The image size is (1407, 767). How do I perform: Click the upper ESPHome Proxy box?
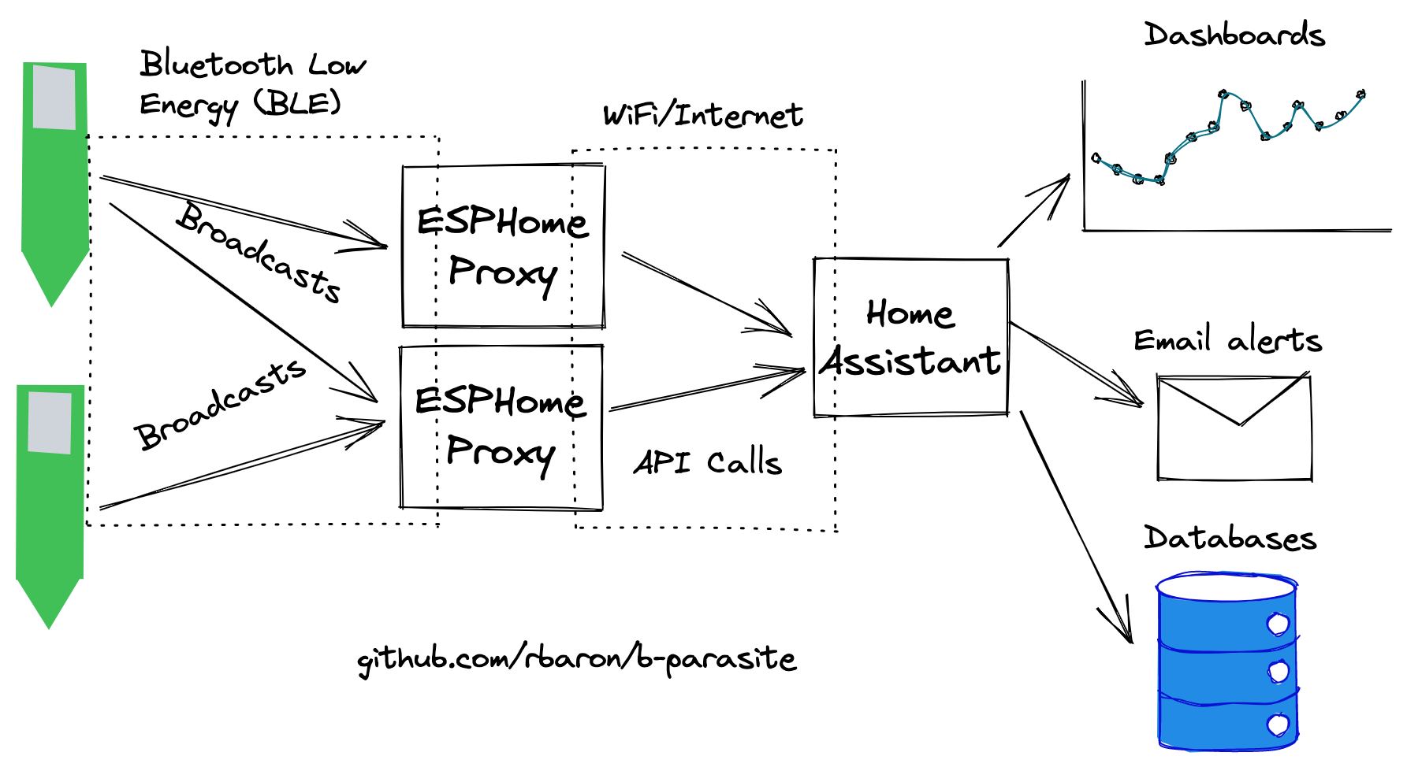[503, 246]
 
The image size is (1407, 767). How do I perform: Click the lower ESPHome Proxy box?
[501, 427]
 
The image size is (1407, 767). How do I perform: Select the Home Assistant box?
[910, 337]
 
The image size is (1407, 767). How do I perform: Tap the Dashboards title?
[1234, 35]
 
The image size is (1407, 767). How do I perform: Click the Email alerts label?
[1227, 340]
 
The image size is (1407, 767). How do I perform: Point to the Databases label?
[1230, 538]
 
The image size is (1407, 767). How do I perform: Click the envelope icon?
[1234, 428]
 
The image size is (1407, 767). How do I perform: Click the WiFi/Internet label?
[702, 115]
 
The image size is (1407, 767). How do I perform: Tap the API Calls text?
[707, 462]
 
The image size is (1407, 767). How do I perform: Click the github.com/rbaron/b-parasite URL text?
[577, 659]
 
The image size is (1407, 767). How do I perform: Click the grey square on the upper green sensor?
[54, 98]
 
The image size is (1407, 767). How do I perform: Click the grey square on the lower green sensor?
[50, 423]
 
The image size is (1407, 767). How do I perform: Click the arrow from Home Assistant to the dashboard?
[1034, 210]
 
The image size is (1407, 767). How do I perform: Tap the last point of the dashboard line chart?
[1361, 94]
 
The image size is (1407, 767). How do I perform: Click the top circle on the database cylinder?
[1277, 624]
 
